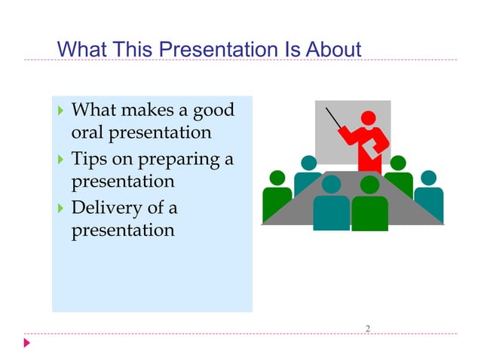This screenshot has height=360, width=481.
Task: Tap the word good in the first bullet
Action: tap(213, 111)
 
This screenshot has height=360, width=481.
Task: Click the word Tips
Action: tap(89, 159)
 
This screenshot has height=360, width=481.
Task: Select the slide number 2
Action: tap(367, 328)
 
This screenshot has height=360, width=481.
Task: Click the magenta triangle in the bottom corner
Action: tap(27, 343)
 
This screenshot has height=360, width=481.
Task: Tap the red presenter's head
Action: tap(369, 118)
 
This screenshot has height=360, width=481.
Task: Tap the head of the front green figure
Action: tap(369, 185)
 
